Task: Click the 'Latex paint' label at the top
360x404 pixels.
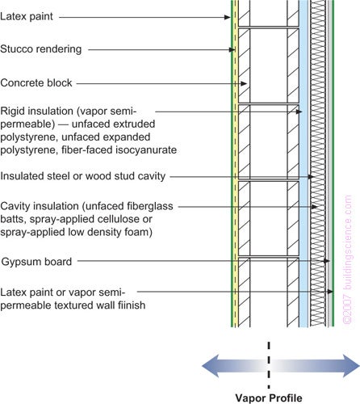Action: (29, 15)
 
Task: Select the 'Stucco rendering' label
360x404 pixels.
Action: (41, 49)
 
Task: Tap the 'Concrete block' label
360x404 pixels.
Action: (36, 82)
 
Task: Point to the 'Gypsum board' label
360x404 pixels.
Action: (36, 261)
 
